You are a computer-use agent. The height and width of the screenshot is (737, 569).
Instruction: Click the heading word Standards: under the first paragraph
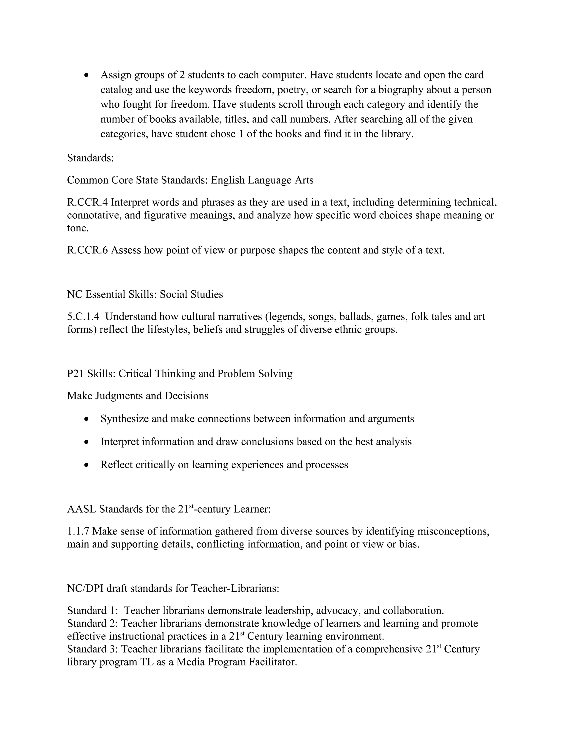(90, 158)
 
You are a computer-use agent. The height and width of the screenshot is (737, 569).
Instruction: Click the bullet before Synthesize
(87, 419)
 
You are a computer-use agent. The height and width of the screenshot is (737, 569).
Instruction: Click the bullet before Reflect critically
(87, 465)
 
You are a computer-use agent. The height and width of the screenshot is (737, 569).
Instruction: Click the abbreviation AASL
(82, 509)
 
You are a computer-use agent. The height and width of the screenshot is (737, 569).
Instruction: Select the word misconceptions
(453, 531)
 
